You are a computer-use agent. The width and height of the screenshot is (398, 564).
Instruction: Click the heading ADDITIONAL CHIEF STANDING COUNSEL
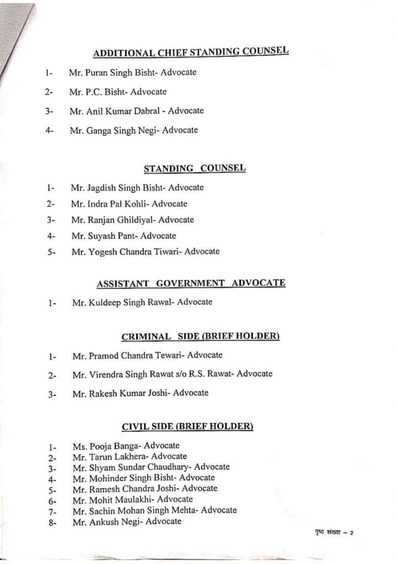point(191,52)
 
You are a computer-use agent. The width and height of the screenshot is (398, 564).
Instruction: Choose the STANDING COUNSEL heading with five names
point(195,168)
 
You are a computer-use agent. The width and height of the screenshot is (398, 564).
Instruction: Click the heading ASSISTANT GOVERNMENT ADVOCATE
point(191,283)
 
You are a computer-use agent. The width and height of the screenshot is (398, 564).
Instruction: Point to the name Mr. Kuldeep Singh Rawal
point(119,302)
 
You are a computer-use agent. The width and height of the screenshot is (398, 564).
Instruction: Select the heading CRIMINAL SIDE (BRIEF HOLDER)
point(200,336)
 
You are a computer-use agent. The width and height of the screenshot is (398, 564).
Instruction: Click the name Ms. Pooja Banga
point(102,446)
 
